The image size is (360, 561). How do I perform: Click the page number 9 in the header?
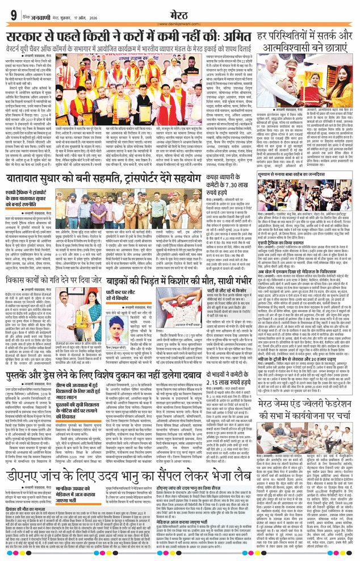point(12,14)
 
